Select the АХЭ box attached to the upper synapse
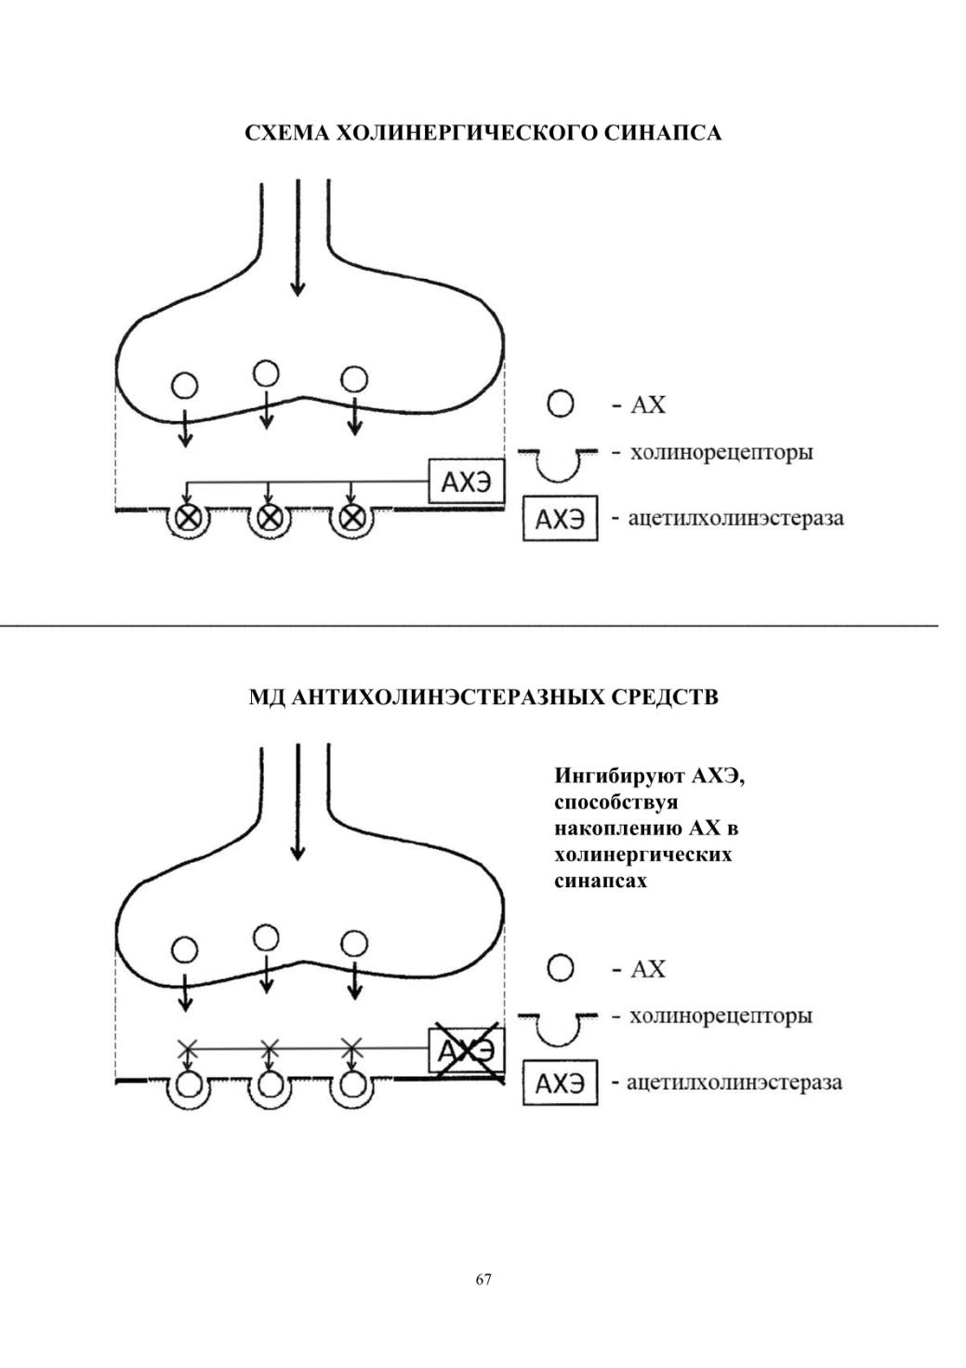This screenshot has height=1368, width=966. (x=467, y=481)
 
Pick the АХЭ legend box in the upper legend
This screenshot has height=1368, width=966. (x=560, y=518)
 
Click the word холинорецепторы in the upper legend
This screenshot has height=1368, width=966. (x=721, y=453)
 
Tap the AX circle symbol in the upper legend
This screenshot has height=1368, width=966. (x=560, y=404)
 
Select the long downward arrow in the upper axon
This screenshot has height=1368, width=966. (x=298, y=237)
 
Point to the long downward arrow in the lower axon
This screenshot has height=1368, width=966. (x=298, y=802)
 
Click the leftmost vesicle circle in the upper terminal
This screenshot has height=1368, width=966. (x=185, y=386)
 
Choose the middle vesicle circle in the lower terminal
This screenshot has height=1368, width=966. (x=266, y=937)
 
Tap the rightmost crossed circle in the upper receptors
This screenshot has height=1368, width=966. (x=351, y=518)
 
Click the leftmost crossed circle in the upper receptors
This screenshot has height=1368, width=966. (x=188, y=519)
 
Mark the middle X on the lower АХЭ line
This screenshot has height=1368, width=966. (x=270, y=1049)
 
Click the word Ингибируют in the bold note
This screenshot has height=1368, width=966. (x=619, y=777)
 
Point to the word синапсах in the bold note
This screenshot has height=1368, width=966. (x=601, y=882)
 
